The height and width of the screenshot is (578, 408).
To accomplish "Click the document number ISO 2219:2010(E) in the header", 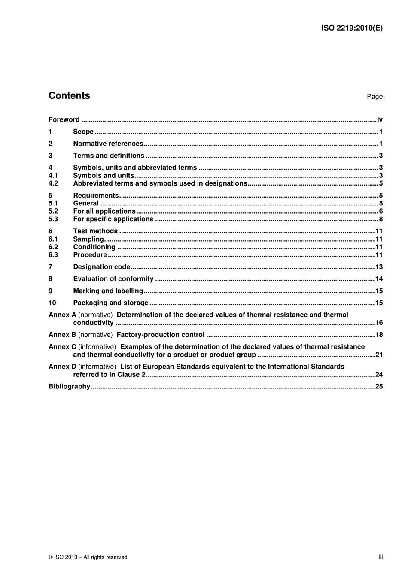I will (x=352, y=28).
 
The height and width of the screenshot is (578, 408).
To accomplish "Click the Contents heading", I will (x=69, y=96).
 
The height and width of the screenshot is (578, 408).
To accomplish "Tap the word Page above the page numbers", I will (x=375, y=97).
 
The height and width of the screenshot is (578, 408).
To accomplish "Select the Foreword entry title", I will (x=64, y=120).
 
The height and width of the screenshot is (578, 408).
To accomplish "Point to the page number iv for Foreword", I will (x=380, y=120).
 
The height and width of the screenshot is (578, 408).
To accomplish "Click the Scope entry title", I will (x=83, y=132).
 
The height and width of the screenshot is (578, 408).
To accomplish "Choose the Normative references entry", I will (x=108, y=144).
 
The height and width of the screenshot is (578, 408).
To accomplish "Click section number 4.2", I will (x=53, y=183).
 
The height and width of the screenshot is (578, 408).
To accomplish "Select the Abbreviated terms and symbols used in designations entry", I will (x=160, y=183).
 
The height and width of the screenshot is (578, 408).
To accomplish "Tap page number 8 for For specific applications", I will (x=381, y=219).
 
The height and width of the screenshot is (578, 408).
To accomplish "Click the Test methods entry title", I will (x=95, y=231).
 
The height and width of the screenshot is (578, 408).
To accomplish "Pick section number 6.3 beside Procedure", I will (x=53, y=255).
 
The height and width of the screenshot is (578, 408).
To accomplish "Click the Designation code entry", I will (x=102, y=267).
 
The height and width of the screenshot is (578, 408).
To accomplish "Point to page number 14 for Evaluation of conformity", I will (x=379, y=279).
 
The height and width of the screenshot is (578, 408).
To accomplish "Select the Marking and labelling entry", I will (x=108, y=291).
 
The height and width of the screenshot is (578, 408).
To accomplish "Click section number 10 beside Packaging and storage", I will (x=52, y=303).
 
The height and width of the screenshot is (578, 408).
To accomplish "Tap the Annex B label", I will (x=62, y=335).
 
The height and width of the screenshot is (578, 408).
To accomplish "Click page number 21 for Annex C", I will (x=379, y=355).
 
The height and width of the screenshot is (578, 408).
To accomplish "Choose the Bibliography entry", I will (x=69, y=386).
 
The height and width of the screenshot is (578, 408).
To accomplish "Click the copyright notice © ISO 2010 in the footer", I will (x=88, y=557).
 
